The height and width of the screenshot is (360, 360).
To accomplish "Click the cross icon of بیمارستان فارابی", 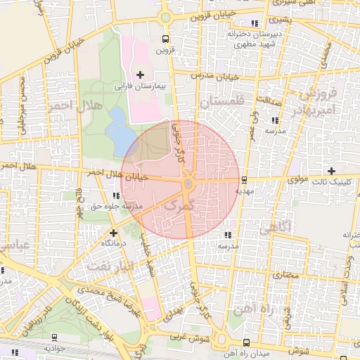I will [140, 74].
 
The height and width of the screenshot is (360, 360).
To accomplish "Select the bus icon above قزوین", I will [165, 39].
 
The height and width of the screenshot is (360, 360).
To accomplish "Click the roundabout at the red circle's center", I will [188, 184].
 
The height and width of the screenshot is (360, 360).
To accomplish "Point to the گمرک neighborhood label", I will [178, 205].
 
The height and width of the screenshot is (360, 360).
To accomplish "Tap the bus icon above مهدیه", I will [244, 180].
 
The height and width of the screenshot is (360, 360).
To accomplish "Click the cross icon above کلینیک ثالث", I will [331, 171].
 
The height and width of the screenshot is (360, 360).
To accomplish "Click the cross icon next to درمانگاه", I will [113, 232].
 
